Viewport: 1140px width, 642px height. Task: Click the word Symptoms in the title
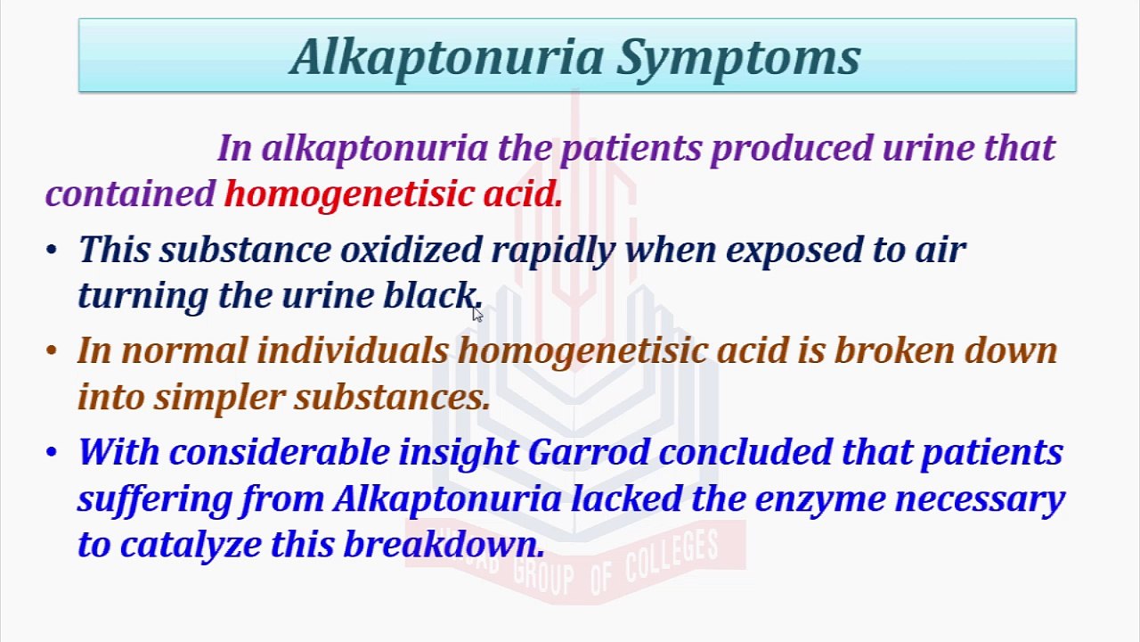[x=738, y=58]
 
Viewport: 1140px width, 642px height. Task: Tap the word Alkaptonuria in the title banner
[x=447, y=58]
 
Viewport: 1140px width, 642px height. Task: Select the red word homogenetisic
[x=349, y=195]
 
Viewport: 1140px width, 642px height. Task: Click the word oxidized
[x=411, y=249]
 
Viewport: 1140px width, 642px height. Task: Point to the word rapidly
[x=553, y=251]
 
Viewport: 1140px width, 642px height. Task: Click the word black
[x=430, y=295]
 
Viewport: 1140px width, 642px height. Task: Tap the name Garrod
[x=589, y=452]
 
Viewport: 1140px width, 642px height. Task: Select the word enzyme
[x=820, y=499]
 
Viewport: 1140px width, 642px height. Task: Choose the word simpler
[x=219, y=398]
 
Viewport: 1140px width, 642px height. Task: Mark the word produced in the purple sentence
[x=792, y=149]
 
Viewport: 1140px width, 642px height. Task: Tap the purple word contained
[x=130, y=194]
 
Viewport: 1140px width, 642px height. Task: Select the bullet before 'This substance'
[x=52, y=250]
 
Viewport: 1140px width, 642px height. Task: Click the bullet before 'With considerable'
[x=52, y=452]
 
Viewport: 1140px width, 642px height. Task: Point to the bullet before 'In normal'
[x=52, y=350]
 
